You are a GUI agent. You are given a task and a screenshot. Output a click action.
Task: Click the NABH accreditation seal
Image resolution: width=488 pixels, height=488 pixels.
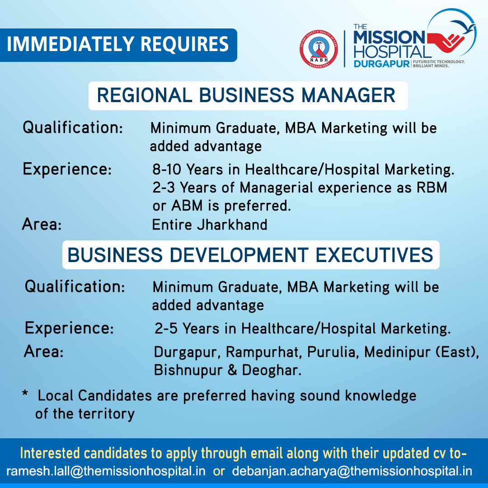(319, 49)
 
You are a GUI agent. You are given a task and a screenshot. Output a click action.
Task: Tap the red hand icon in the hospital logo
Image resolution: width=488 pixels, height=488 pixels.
(446, 41)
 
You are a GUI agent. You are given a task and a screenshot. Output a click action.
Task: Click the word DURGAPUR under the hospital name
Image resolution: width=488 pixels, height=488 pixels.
(381, 64)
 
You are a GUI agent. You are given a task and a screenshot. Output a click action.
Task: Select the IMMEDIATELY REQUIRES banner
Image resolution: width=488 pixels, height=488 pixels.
(118, 45)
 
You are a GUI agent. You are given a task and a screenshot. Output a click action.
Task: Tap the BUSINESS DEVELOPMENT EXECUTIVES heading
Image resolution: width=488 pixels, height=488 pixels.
(251, 255)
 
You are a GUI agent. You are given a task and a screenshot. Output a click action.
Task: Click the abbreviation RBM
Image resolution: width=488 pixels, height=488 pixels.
(432, 188)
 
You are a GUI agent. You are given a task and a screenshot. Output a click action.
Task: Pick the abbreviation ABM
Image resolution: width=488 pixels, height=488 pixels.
(187, 206)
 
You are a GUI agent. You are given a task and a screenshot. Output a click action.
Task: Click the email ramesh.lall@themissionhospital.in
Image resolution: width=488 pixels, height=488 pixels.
(106, 471)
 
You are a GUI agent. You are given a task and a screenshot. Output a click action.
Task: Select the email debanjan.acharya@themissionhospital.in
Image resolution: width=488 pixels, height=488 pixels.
(352, 471)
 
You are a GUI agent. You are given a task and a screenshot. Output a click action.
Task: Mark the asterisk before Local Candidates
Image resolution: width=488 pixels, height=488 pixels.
(25, 394)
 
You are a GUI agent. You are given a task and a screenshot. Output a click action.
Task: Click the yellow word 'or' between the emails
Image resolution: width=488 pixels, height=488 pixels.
(219, 471)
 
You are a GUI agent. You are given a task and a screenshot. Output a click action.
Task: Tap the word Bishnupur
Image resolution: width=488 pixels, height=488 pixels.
(188, 371)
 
